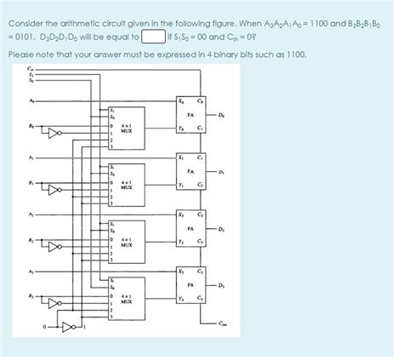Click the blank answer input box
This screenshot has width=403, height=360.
coord(153,37)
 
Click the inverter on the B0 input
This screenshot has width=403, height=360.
coord(54,134)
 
